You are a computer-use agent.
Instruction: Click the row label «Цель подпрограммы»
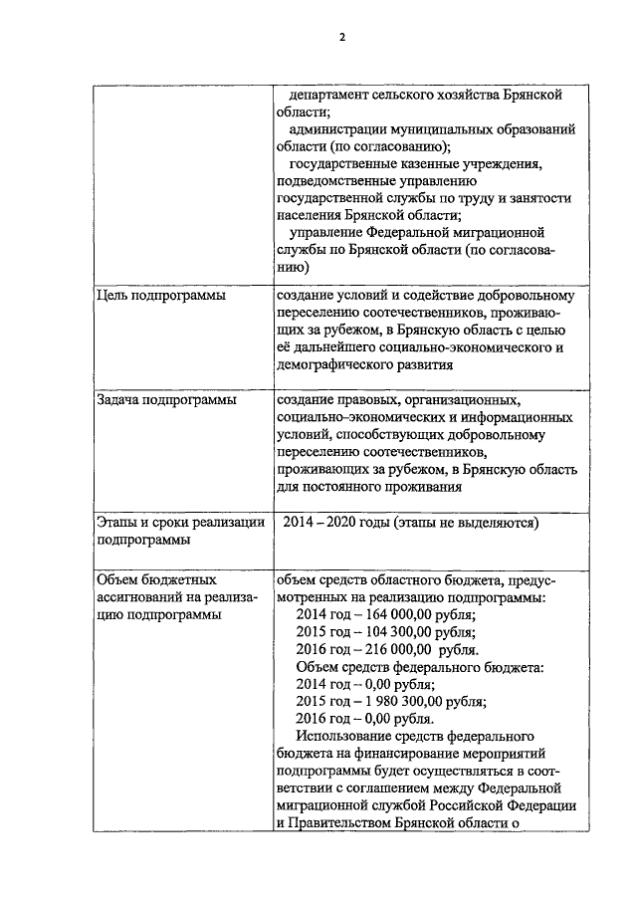(x=160, y=296)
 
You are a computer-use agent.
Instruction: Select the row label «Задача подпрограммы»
(x=166, y=400)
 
